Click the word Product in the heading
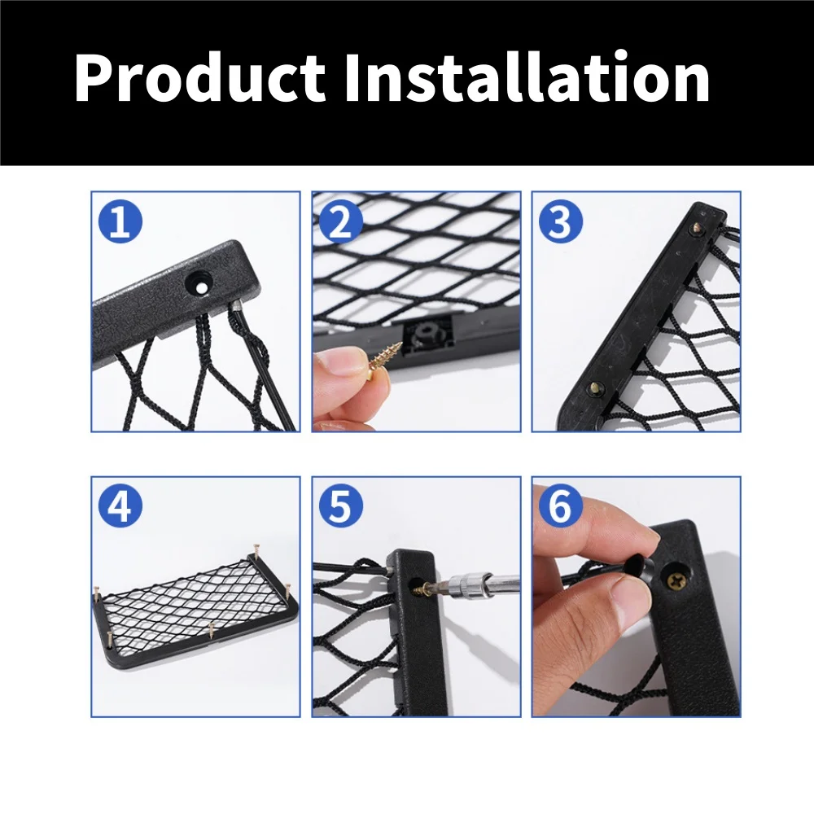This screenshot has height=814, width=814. [200, 78]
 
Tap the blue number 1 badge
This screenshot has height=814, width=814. [120, 221]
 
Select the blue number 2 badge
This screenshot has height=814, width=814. [340, 221]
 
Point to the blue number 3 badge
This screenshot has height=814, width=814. [561, 221]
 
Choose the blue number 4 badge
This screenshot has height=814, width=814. [120, 506]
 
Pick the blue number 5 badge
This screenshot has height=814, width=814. [340, 506]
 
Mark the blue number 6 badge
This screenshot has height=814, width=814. [561, 506]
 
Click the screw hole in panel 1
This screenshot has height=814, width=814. [200, 284]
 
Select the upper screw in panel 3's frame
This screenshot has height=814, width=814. [698, 227]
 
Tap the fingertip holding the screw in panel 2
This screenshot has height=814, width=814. [342, 362]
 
